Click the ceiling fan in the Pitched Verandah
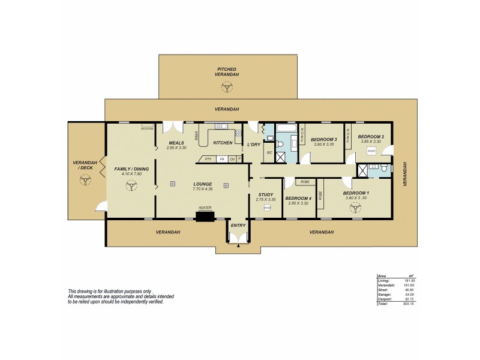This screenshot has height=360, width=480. point(227,88)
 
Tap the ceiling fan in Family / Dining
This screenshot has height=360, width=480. point(130,186)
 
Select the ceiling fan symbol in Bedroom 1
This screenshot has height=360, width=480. point(355,208)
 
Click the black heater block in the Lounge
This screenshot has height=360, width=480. point(205,215)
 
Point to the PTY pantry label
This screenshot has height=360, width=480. point(208,159)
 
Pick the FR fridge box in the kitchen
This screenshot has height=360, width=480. point(221,159)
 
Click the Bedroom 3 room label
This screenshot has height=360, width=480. point(323,140)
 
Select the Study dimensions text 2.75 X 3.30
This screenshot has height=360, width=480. point(265,199)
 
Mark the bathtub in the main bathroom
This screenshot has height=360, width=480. point(284,128)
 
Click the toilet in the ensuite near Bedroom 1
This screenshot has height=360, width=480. point(382,170)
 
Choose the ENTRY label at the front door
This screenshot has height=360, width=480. point(238,225)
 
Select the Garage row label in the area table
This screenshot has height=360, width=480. point(383,294)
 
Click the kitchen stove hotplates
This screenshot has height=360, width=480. point(238,133)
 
